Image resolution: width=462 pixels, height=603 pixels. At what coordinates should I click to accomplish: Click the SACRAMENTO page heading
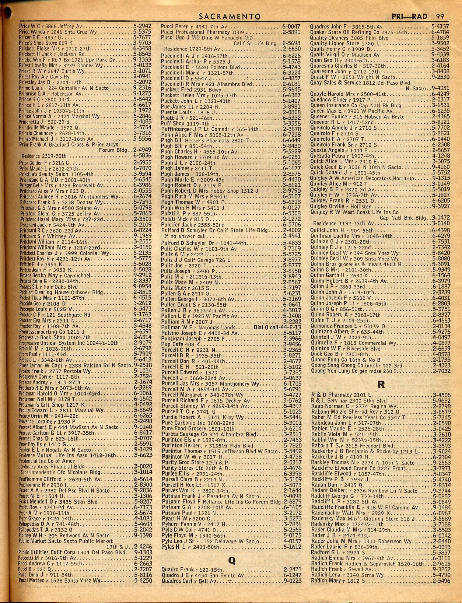click(x=230, y=17)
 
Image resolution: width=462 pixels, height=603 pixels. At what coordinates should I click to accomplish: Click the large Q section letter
click(x=231, y=561)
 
